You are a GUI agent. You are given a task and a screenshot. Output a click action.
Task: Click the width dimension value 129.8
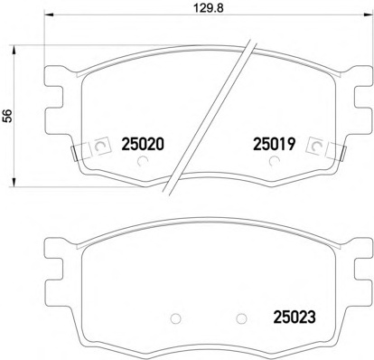pyautogui.click(x=208, y=8)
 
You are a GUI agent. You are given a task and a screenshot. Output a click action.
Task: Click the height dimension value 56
pyautogui.click(x=8, y=116)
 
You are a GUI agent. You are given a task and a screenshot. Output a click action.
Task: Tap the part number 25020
pyautogui.click(x=143, y=145)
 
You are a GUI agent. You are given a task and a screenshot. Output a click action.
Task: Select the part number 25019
pyautogui.click(x=275, y=144)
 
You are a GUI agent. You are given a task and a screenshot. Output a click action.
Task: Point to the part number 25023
pyautogui.click(x=295, y=317)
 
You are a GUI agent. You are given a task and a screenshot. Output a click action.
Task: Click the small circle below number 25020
pyautogui.click(x=142, y=162)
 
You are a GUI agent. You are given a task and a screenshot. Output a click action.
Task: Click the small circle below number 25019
pyautogui.click(x=274, y=162)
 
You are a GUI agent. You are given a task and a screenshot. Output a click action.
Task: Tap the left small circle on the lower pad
pyautogui.click(x=175, y=318)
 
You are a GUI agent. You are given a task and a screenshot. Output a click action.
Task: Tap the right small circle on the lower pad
pyautogui.click(x=241, y=318)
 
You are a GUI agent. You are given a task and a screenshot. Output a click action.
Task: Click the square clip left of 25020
pyautogui.click(x=101, y=147)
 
